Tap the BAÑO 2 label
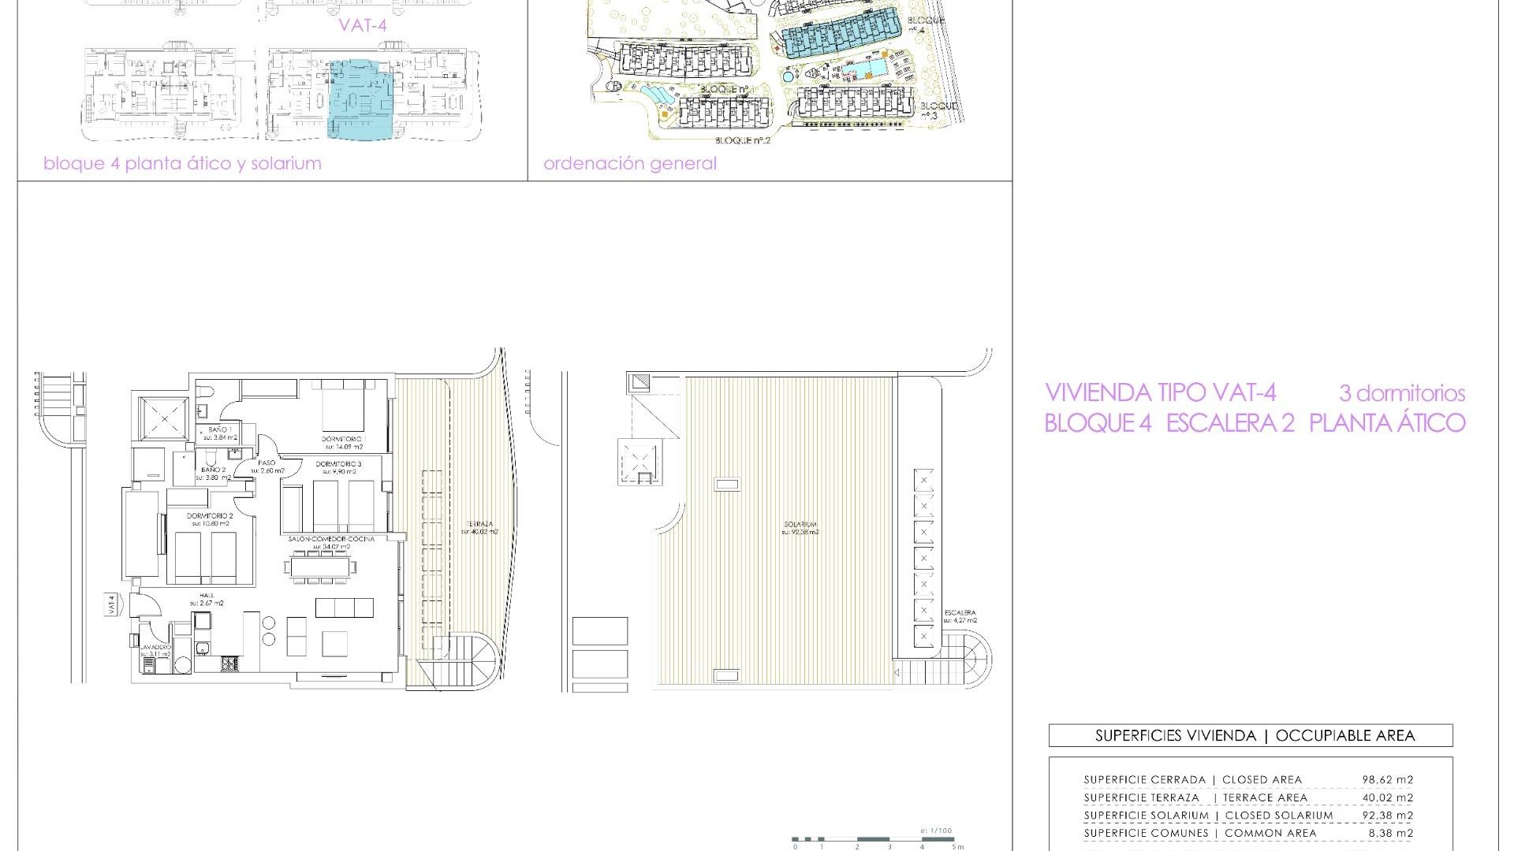click(213, 470)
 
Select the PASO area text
click(267, 463)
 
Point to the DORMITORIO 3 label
click(338, 464)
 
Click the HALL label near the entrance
click(207, 596)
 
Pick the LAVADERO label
click(155, 646)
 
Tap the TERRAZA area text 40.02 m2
click(479, 531)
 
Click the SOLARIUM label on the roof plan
click(800, 525)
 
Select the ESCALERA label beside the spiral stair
click(959, 612)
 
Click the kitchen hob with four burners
click(229, 665)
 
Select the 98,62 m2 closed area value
click(1388, 780)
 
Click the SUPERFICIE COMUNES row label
click(1145, 833)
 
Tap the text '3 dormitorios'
click(1402, 393)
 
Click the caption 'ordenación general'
click(630, 164)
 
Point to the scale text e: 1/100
click(936, 831)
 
